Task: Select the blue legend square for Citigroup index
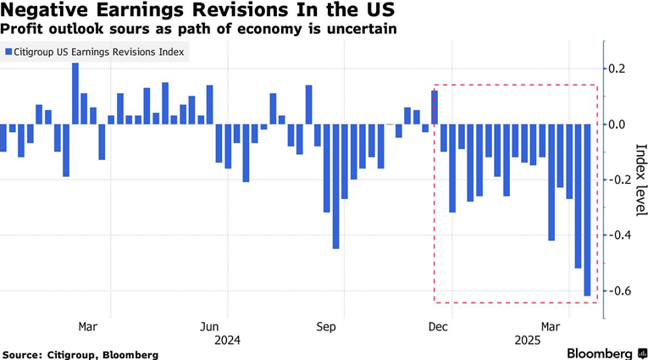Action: (8, 52)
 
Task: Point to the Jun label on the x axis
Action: (210, 326)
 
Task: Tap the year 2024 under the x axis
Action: (228, 340)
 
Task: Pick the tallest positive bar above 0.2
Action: (75, 93)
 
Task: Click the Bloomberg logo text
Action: (597, 353)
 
